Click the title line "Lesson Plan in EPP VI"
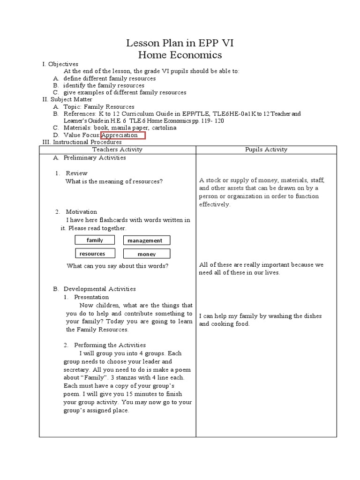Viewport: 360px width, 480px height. [180, 44]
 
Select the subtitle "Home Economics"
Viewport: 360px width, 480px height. [180, 55]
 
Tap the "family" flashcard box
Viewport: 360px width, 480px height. [95, 240]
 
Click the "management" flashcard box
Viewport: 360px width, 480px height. [147, 240]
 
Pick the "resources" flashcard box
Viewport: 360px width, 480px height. [92, 254]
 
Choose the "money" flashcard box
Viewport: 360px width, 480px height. [147, 254]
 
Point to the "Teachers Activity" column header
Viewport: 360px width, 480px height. [117, 150]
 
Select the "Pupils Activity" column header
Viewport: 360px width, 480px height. [266, 150]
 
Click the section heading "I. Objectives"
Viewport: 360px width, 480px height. [60, 64]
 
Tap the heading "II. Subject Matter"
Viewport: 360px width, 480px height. [67, 99]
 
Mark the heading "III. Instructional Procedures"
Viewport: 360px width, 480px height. [82, 142]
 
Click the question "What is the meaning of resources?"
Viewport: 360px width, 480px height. [114, 181]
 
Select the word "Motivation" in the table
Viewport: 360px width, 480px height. [82, 212]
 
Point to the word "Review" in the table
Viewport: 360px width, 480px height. [76, 173]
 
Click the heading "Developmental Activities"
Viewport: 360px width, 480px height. [100, 289]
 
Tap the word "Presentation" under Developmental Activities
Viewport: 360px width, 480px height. [91, 297]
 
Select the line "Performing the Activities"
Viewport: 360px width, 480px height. [110, 345]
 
